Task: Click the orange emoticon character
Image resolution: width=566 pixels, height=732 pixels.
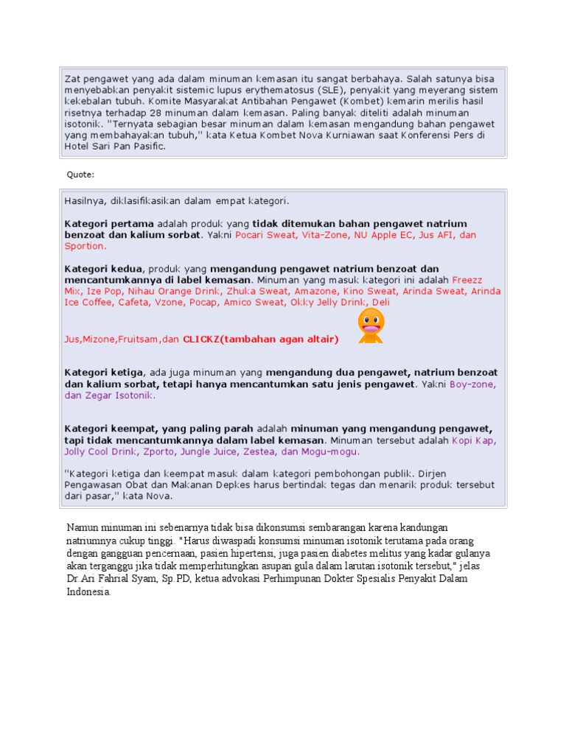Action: [x=370, y=325]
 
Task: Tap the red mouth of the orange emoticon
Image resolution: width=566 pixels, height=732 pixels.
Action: [x=370, y=329]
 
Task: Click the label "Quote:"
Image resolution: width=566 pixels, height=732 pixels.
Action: [x=80, y=175]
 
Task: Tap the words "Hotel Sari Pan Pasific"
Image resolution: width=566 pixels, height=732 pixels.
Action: [x=114, y=147]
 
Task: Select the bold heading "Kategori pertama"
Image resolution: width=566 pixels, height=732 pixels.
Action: [x=109, y=223]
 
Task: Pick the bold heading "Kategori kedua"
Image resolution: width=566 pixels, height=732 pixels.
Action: [x=104, y=269]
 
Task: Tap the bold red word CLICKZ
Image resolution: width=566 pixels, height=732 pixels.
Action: [x=201, y=339]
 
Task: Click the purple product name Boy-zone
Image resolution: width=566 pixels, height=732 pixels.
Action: [x=472, y=384]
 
